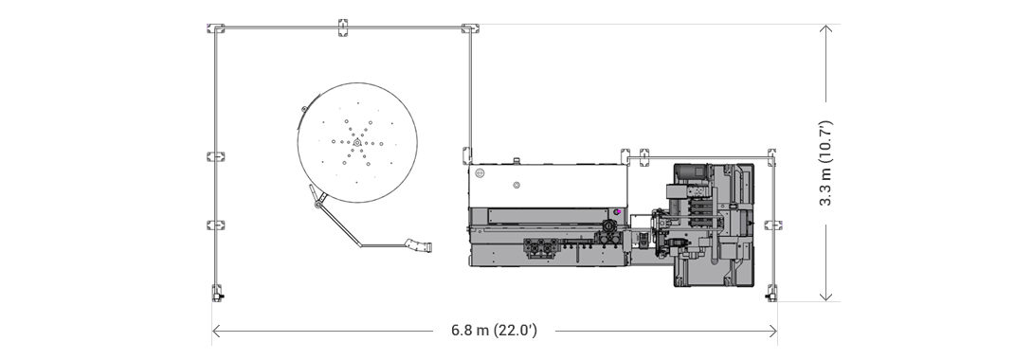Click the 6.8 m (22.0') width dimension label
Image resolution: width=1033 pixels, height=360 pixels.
494,331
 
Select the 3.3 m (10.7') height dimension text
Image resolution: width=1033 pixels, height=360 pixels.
825,163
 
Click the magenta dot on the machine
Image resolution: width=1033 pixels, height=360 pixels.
616,211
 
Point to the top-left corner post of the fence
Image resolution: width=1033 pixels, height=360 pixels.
216,28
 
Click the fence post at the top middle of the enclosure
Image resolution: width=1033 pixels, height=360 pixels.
343,27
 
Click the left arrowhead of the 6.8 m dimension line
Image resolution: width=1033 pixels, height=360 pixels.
216,331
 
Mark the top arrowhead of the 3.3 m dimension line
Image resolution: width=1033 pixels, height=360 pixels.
826,29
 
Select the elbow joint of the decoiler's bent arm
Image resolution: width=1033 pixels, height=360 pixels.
359,243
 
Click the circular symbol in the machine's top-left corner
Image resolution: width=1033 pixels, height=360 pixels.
480,173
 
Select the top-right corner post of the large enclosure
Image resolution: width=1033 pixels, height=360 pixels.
469,28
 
